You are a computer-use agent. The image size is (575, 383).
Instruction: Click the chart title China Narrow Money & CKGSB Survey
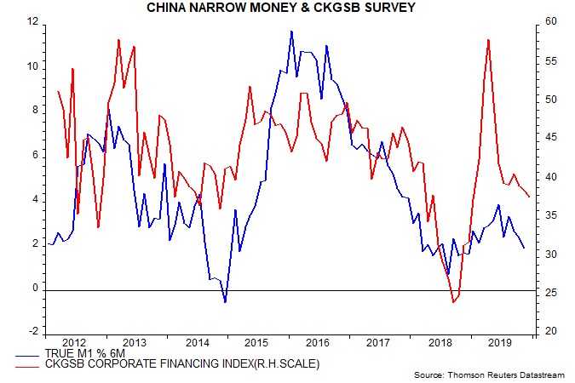288,9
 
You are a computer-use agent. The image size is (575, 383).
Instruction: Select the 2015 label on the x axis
257,342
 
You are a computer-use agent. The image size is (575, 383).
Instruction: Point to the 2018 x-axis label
439,342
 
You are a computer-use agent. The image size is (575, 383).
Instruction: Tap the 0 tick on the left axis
35,289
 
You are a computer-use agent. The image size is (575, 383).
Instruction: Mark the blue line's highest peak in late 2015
291,31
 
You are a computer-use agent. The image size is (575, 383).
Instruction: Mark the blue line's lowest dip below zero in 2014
225,302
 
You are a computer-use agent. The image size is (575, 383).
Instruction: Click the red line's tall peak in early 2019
487,39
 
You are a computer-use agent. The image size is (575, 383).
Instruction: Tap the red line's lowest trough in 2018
453,302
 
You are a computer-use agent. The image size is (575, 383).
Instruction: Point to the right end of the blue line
524,248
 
